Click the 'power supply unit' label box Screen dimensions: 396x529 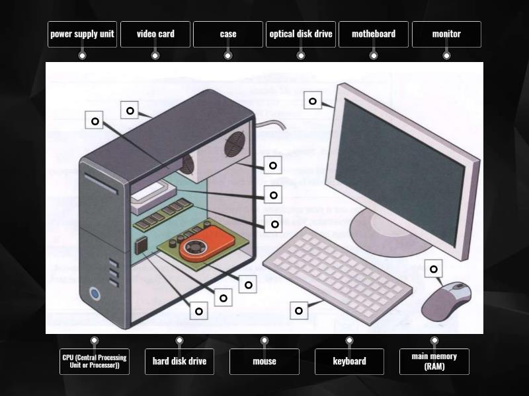tap(82, 34)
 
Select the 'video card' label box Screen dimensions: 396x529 tap(155, 34)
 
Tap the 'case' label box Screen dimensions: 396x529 tap(228, 34)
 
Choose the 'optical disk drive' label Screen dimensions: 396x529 tap(301, 34)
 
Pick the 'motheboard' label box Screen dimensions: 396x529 tap(373, 34)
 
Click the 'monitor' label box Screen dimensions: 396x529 tap(446, 34)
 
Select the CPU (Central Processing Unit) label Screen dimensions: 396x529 tap(95, 362)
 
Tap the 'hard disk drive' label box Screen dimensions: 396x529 tap(179, 362)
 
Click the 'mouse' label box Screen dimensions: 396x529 tap(264, 362)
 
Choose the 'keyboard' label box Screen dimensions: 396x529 tap(349, 362)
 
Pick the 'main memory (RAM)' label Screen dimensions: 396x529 tap(434, 362)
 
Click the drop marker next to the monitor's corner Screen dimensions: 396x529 tap(313, 100)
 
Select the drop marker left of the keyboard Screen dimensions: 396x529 tap(299, 310)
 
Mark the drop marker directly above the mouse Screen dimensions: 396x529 tap(434, 269)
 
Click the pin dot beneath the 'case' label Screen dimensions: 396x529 tap(228, 55)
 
